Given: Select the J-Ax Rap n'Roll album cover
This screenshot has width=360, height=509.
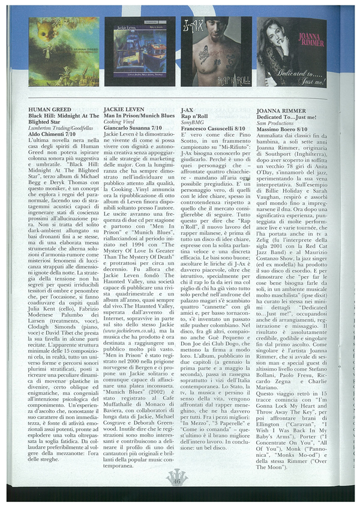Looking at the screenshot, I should click(x=215, y=52).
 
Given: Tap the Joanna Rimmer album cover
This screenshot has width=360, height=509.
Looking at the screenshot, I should click(x=292, y=52).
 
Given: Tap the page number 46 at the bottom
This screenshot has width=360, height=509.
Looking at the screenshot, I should click(x=178, y=496).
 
